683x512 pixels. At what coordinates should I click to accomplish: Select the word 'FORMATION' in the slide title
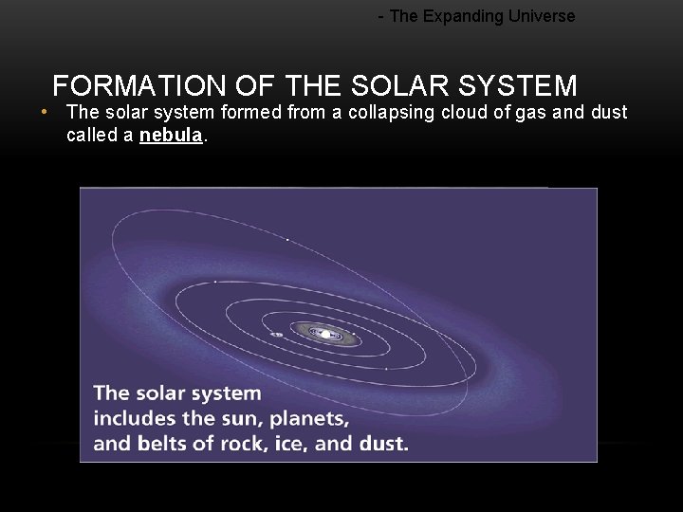point(139,86)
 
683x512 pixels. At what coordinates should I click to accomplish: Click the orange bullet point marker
point(45,112)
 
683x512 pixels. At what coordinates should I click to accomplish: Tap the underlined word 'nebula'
point(171,135)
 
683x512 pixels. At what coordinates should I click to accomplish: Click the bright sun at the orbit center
point(325,333)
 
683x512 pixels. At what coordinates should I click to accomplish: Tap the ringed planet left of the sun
point(277,334)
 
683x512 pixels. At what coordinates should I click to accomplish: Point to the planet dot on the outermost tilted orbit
point(287,239)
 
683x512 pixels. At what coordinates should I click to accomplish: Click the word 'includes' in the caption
point(129,418)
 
